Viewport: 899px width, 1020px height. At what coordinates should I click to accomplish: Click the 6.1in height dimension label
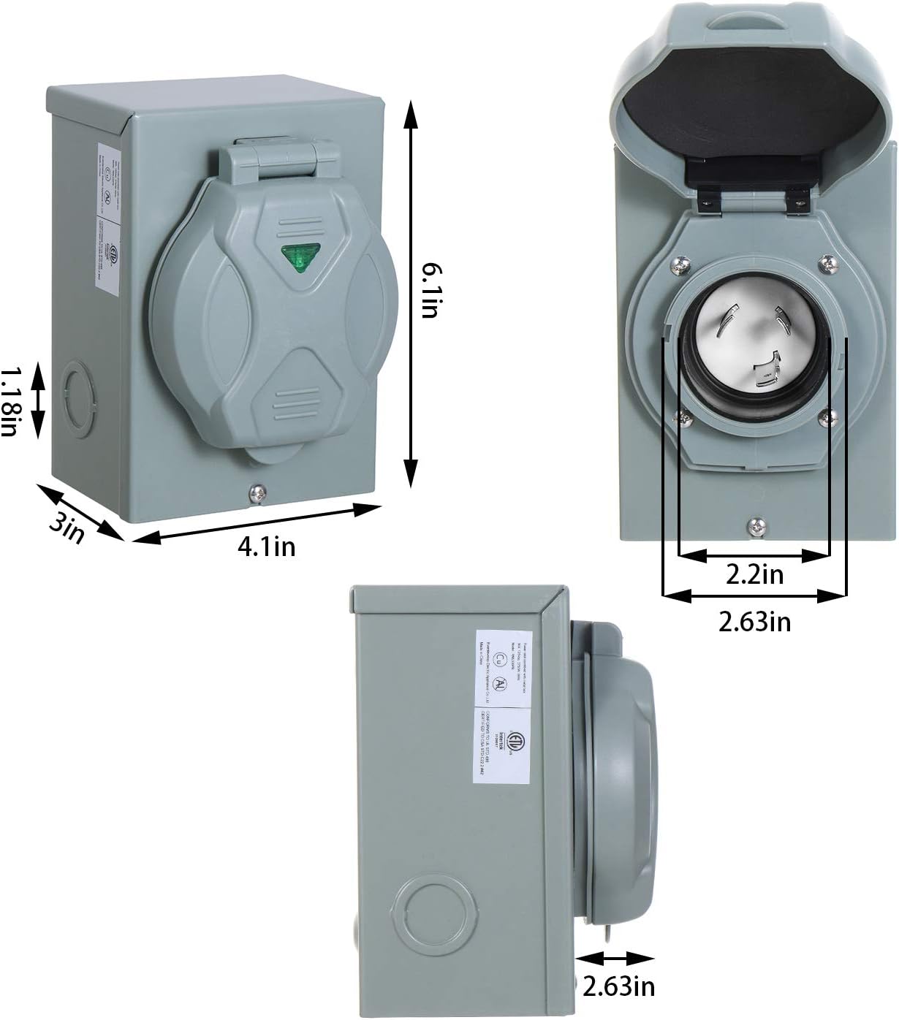click(x=428, y=292)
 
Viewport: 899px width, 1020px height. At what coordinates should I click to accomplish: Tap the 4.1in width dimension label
click(x=266, y=546)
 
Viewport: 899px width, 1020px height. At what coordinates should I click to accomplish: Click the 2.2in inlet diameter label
click(x=754, y=574)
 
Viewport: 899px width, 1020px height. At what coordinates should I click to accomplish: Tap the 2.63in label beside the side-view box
click(x=618, y=986)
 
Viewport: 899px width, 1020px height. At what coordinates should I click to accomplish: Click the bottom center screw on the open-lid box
click(x=754, y=524)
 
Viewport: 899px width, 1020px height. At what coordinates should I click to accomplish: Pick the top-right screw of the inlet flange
click(x=827, y=261)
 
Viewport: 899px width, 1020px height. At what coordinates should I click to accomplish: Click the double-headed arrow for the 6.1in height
click(x=411, y=292)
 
